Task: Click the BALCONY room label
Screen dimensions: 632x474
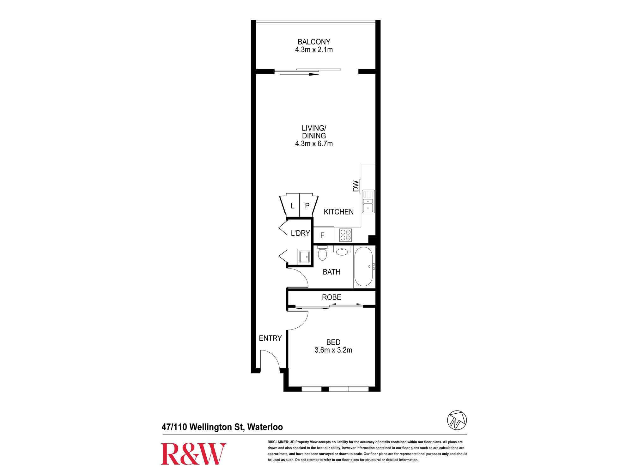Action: tap(314, 42)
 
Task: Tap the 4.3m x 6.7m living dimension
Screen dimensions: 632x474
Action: tap(314, 143)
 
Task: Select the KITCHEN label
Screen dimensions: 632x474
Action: tap(338, 212)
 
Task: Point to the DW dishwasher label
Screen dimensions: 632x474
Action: tap(356, 186)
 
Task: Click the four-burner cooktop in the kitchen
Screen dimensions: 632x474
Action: tap(346, 235)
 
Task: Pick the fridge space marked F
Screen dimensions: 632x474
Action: tap(323, 235)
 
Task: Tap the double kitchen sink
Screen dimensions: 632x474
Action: tap(368, 201)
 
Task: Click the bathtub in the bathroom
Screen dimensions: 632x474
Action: tap(364, 267)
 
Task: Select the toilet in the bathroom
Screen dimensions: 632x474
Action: tap(322, 253)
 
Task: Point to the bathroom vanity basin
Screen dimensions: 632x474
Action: tap(342, 251)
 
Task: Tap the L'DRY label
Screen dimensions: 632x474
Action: tap(300, 233)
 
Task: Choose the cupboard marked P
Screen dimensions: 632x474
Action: tap(307, 206)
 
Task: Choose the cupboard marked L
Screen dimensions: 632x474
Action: tap(292, 206)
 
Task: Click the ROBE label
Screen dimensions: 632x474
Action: tap(331, 297)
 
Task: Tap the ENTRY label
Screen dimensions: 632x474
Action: tap(270, 338)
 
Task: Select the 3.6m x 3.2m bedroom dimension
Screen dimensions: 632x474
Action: tap(333, 350)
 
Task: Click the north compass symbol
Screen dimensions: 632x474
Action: tap(457, 420)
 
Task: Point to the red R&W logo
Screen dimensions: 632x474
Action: tap(193, 454)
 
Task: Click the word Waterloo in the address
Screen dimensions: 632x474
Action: tap(265, 427)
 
